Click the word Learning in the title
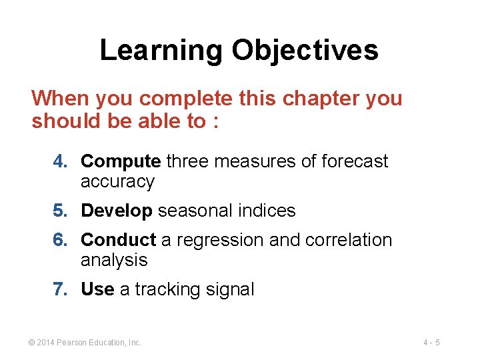[x=161, y=51]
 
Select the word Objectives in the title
[x=305, y=51]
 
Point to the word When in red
[x=61, y=99]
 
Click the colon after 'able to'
[x=215, y=121]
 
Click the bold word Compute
[x=121, y=161]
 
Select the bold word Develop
[x=117, y=211]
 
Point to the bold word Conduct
[x=118, y=240]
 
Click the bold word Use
[x=97, y=289]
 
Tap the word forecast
[x=354, y=161]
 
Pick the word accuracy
[x=117, y=182]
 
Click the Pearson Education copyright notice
[x=85, y=343]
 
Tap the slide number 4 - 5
[x=431, y=343]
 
